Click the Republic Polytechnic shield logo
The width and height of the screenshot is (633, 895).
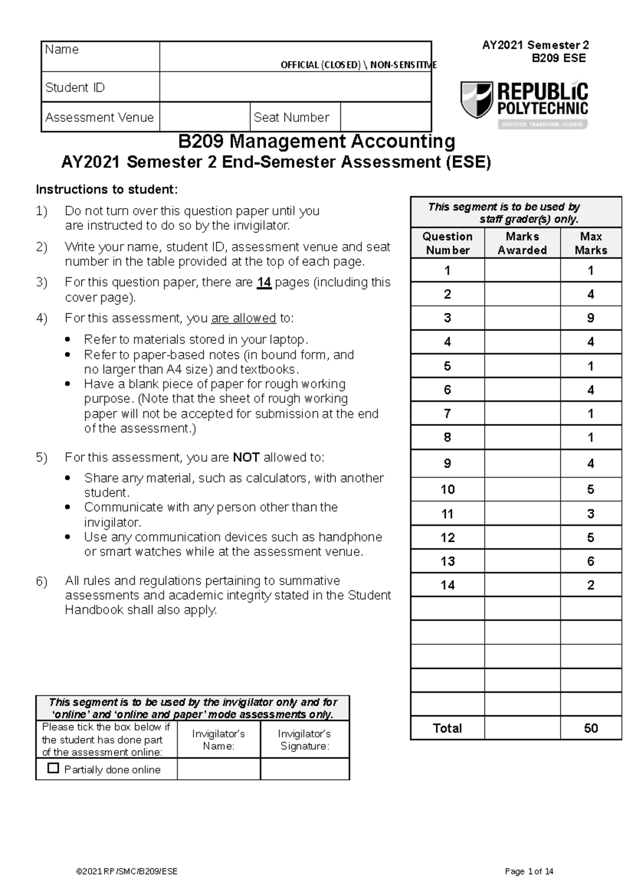477,99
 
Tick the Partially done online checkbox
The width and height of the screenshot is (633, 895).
53,768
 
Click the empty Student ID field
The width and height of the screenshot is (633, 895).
295,87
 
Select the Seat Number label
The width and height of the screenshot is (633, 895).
291,117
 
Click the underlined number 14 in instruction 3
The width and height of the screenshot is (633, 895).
264,283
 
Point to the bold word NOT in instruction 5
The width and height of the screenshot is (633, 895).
246,458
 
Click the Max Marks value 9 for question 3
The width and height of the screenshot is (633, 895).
590,318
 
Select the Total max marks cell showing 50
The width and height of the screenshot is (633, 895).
590,728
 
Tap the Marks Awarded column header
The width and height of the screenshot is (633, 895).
522,243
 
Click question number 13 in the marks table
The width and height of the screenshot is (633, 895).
447,561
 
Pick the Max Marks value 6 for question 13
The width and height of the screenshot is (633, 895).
590,561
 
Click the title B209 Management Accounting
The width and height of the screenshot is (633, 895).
316,141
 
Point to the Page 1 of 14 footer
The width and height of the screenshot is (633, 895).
529,871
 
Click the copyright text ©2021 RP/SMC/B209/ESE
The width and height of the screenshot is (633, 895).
127,871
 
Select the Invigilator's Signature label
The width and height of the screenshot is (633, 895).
304,740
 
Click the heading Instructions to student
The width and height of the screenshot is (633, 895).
107,189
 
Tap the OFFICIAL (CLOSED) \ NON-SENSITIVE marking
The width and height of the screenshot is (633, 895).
359,65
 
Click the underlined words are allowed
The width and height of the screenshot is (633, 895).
243,318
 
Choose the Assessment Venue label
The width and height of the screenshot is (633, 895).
99,117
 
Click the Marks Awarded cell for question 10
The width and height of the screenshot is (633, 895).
522,489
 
